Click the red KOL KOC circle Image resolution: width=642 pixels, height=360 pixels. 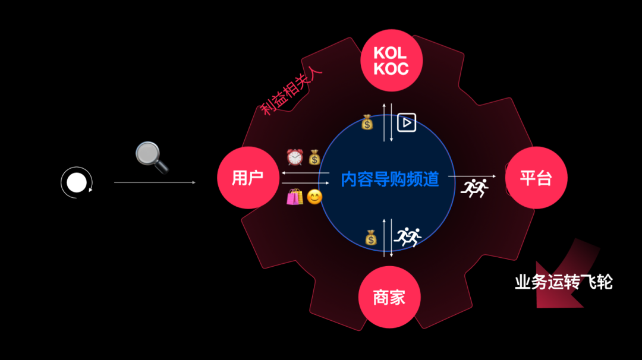click(391, 61)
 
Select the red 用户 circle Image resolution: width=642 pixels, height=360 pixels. click(248, 178)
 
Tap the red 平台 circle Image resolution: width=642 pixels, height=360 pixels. click(536, 178)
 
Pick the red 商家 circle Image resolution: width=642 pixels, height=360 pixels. click(389, 297)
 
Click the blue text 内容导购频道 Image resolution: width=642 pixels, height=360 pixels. click(389, 179)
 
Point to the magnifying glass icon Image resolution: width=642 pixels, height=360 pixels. click(152, 156)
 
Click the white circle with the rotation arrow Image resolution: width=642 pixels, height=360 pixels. click(77, 182)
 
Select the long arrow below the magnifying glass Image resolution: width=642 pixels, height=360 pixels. click(155, 182)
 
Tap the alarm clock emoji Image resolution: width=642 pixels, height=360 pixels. click(295, 157)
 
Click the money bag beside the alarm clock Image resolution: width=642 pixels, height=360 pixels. click(314, 157)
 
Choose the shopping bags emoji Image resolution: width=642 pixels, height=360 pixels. click(295, 197)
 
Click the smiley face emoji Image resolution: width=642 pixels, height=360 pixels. click(314, 197)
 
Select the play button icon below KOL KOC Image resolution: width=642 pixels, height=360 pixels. click(407, 122)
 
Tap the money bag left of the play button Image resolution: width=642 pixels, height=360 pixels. click(368, 123)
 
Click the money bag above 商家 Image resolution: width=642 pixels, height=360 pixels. click(371, 238)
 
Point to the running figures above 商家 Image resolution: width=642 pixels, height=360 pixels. click(409, 237)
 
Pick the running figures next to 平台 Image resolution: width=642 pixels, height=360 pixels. click(474, 188)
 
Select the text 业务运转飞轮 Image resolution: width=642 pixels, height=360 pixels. click(564, 282)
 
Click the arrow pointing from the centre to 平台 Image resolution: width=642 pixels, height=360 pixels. click(471, 176)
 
